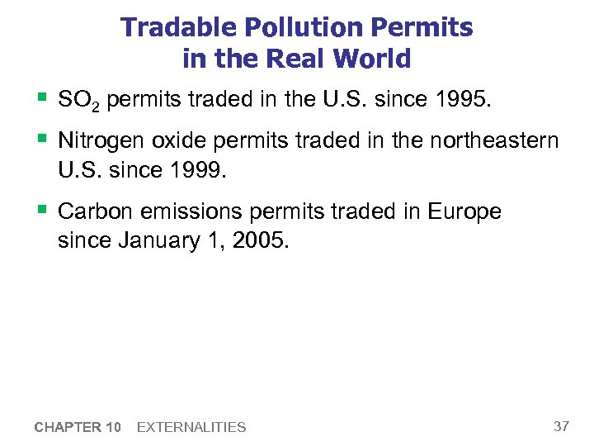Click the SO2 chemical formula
pos(79,101)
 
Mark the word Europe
pos(464,211)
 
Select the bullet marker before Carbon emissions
pos(41,210)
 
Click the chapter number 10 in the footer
pos(113,427)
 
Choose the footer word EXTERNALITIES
pos(191,427)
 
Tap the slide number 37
pos(561,426)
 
